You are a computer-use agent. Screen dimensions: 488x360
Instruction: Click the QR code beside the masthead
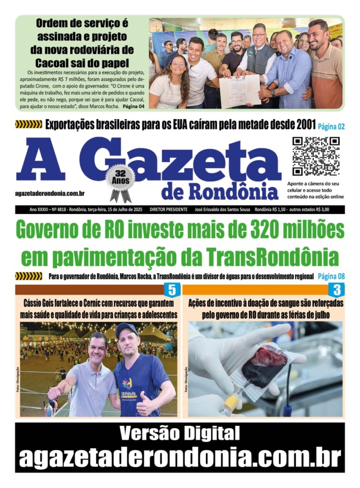click(316, 156)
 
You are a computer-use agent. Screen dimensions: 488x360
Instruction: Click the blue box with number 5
click(172, 290)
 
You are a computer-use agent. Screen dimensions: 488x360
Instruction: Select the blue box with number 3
click(337, 290)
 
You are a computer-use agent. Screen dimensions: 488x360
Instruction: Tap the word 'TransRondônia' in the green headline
click(272, 257)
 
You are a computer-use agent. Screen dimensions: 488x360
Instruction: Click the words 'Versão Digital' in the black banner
click(179, 433)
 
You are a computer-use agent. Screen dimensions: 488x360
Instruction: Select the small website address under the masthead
click(50, 193)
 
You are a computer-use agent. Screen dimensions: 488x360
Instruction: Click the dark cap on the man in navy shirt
click(126, 329)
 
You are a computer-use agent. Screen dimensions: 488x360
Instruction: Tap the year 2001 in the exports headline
click(301, 125)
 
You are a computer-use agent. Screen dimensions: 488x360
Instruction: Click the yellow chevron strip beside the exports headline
click(29, 125)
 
